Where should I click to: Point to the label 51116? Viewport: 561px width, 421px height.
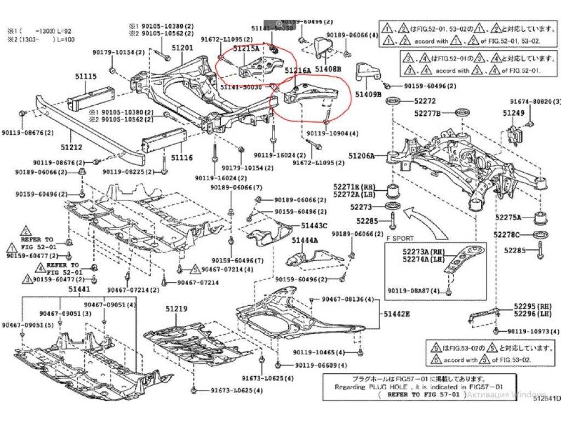(181, 157)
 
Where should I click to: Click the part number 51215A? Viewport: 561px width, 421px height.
(246, 48)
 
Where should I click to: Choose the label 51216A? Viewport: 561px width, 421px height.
(297, 71)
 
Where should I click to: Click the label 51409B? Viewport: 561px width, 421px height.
(368, 94)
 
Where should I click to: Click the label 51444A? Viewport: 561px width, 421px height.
(305, 240)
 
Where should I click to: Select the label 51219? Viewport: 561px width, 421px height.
(176, 309)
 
